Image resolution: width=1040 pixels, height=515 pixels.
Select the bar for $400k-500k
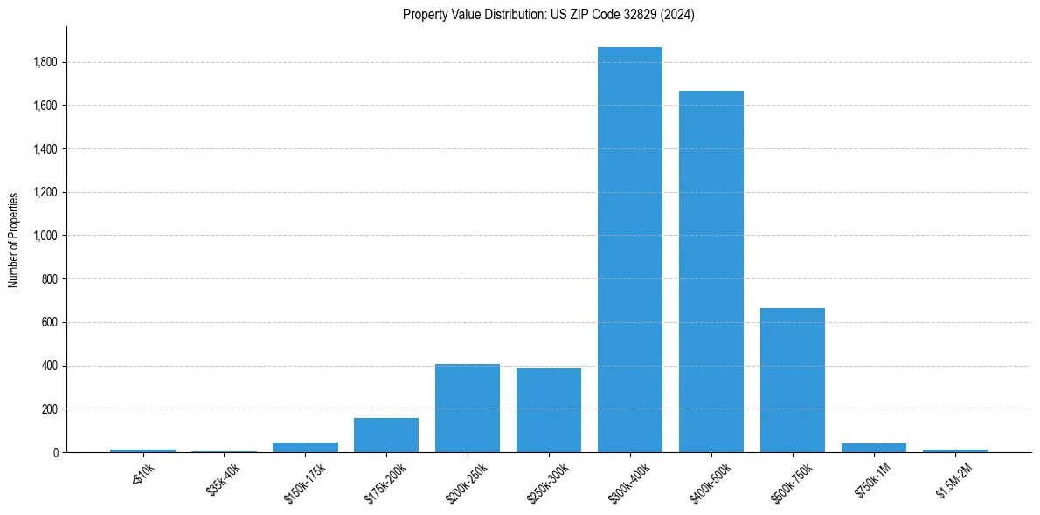tap(711, 271)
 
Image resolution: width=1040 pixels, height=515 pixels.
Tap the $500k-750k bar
tap(792, 381)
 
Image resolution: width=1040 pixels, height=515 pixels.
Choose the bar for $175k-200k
tap(386, 435)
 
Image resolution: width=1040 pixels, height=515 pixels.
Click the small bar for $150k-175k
tap(305, 447)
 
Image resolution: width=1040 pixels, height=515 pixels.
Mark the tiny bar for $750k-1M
tap(873, 448)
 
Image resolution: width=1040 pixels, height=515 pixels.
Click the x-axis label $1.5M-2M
tap(954, 479)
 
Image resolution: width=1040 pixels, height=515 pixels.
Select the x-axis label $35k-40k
tap(224, 479)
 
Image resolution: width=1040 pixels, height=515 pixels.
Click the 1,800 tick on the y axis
tap(45, 62)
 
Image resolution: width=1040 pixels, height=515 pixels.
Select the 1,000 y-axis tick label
tap(45, 236)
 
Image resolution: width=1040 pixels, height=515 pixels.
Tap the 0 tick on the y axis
tap(55, 452)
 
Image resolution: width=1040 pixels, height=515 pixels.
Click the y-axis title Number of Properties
tap(13, 239)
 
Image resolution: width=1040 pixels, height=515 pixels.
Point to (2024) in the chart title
tap(679, 15)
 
